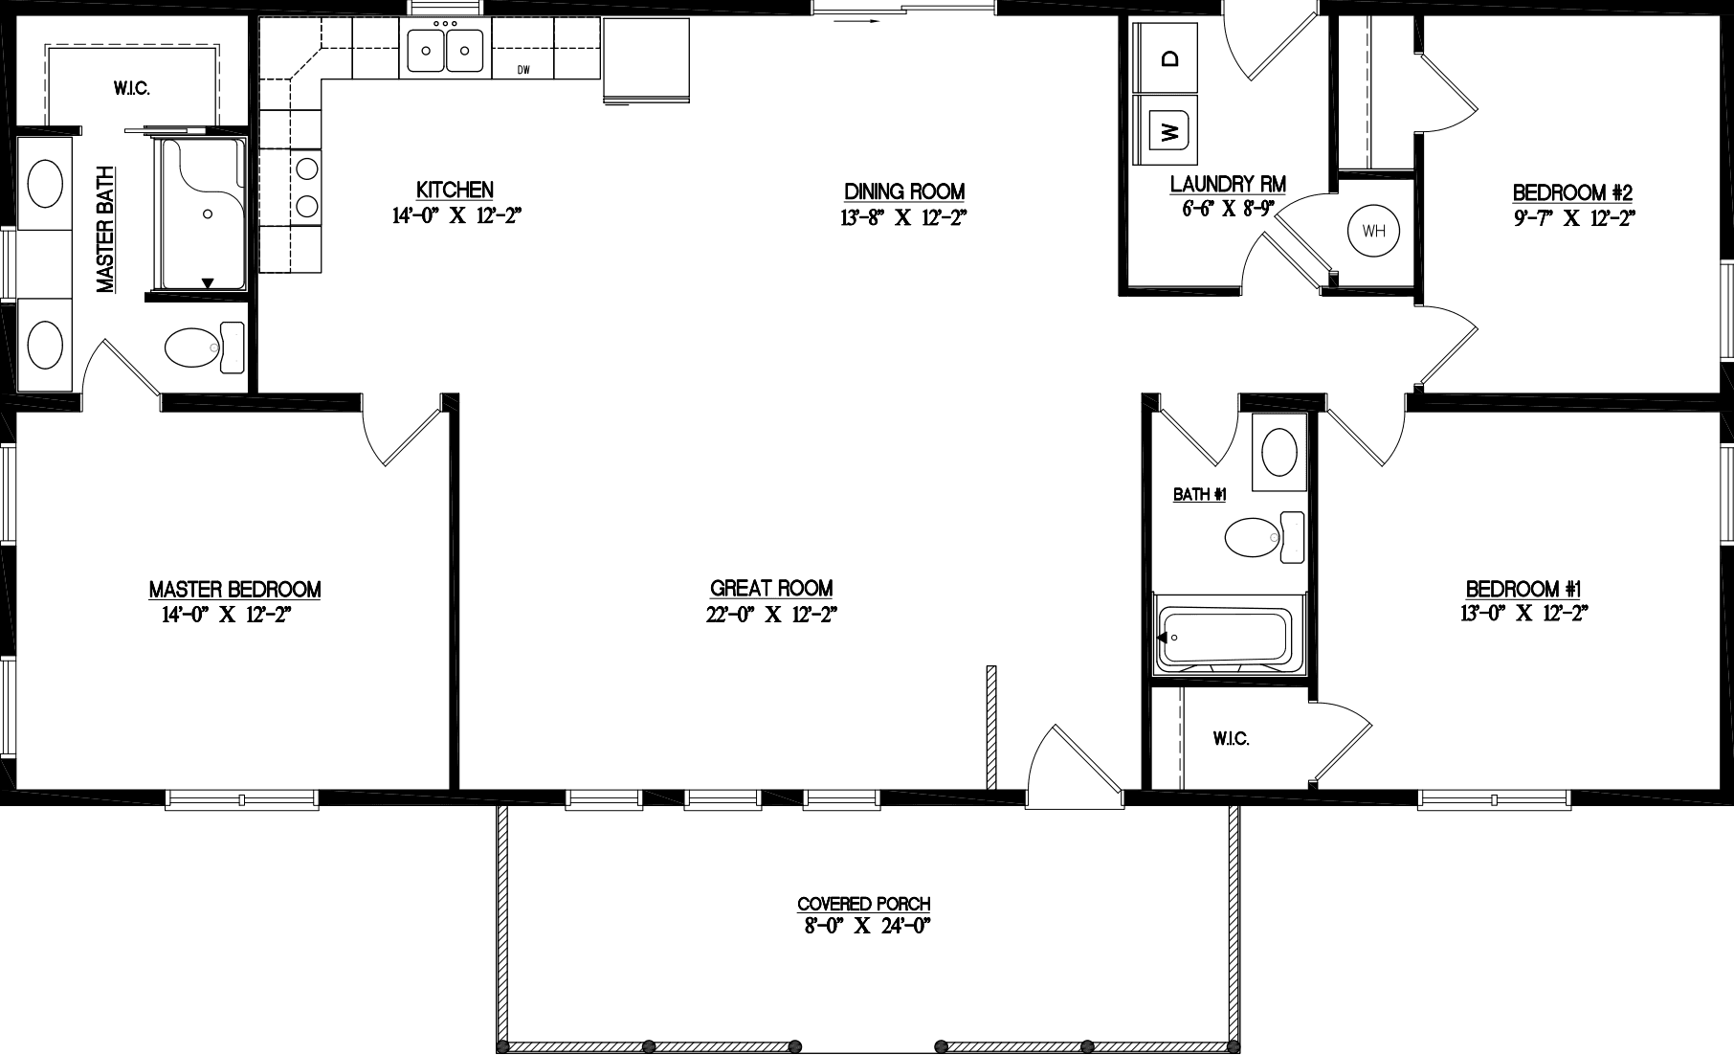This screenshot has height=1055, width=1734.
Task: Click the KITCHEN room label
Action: point(456,190)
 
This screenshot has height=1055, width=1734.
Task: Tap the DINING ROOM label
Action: point(903,191)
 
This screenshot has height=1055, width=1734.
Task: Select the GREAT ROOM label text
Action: point(771,589)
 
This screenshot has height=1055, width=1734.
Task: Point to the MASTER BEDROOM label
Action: point(234,590)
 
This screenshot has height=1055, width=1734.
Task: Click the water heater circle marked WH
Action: point(1373,231)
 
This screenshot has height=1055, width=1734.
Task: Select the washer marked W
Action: point(1167,128)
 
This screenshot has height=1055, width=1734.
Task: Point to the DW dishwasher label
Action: point(523,70)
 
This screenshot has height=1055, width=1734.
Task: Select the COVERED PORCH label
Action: point(864,904)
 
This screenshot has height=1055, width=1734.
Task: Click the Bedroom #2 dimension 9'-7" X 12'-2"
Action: point(1572,218)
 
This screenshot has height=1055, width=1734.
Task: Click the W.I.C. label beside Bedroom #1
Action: point(1231,739)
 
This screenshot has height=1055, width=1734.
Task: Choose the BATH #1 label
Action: point(1200,495)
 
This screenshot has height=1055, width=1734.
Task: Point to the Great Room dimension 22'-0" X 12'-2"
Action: point(771,615)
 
